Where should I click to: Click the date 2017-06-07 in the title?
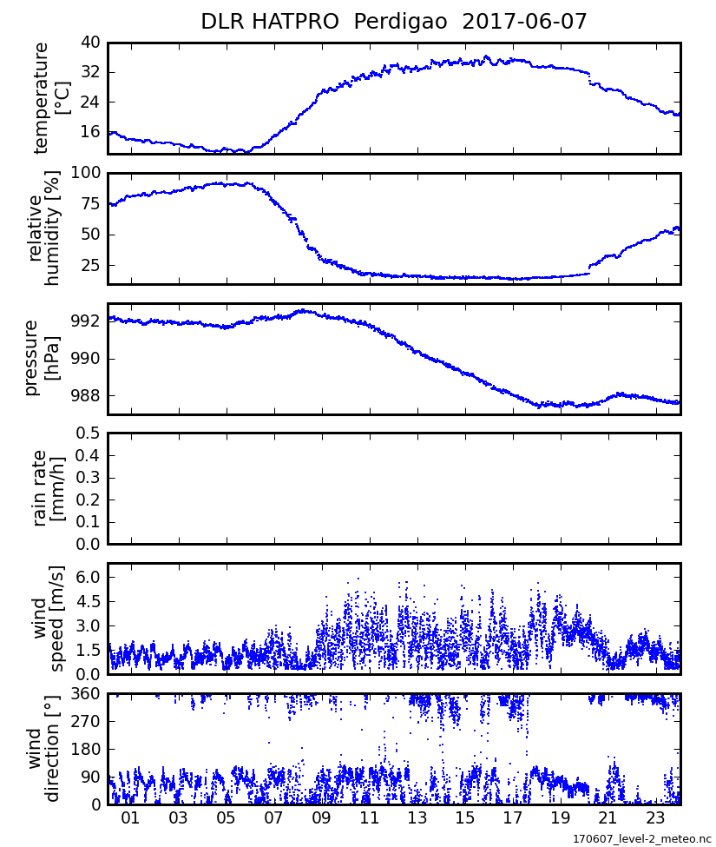tap(525, 22)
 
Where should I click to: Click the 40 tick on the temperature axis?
tap(91, 43)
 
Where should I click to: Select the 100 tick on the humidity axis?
tap(86, 173)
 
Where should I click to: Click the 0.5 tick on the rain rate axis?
tap(89, 433)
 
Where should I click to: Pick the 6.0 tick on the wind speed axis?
tap(89, 577)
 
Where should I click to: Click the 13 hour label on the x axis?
tap(417, 819)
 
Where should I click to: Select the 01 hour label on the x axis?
tap(131, 819)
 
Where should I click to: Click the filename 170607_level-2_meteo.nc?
tap(641, 839)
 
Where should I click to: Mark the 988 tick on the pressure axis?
tap(86, 396)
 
